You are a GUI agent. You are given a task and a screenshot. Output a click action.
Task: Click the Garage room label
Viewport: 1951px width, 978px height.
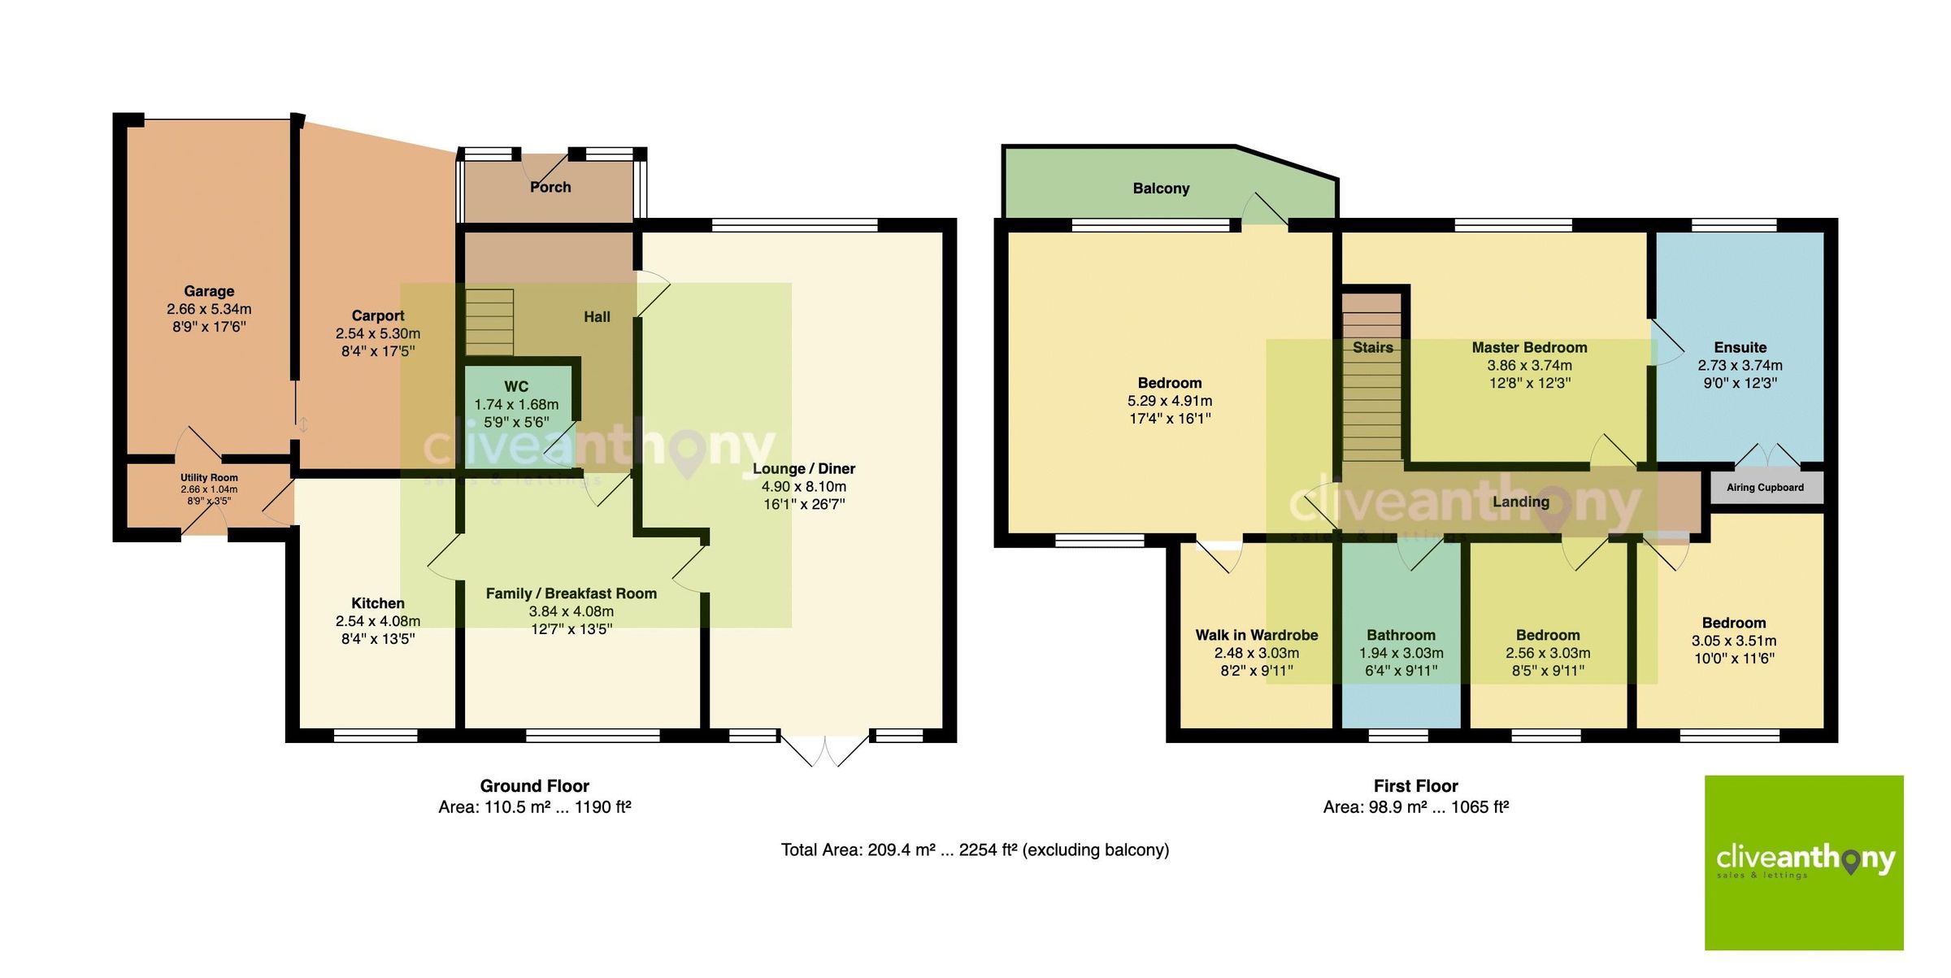(x=209, y=291)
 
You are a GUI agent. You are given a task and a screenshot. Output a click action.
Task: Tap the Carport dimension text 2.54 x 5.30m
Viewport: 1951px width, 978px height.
(x=377, y=333)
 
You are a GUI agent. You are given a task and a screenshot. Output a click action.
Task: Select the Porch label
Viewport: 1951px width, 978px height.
(x=550, y=187)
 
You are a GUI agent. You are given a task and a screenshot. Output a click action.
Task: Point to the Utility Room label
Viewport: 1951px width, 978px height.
(x=209, y=478)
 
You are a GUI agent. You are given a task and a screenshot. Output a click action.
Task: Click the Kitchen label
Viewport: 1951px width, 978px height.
(x=377, y=603)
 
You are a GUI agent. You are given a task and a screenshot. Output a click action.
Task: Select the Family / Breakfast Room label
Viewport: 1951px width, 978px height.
(x=571, y=593)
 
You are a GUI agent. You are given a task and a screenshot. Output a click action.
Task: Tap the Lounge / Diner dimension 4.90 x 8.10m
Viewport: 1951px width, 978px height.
(x=803, y=486)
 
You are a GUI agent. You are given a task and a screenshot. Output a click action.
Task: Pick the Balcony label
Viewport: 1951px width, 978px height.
(x=1161, y=189)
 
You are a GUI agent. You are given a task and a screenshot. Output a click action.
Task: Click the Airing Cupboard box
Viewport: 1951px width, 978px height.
(x=1765, y=488)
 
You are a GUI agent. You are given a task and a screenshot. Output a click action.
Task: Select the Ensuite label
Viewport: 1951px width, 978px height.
(x=1740, y=347)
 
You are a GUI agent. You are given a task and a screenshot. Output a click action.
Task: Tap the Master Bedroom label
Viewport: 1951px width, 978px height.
(x=1529, y=347)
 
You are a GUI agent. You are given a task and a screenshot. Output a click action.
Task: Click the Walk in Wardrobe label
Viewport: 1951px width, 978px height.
(x=1256, y=635)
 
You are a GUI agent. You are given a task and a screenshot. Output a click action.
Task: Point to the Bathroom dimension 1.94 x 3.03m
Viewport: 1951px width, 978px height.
(x=1401, y=653)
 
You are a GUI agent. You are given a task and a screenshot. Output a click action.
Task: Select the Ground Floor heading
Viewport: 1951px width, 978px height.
(x=534, y=786)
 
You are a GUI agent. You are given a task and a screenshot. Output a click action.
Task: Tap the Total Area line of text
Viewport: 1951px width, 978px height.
(x=975, y=850)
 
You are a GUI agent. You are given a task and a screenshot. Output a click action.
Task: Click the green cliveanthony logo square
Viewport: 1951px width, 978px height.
(x=1803, y=863)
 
